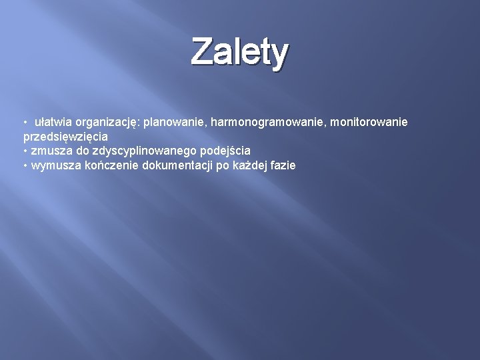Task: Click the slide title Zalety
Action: click(240, 53)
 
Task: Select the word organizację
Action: click(107, 123)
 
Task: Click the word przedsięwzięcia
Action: click(65, 137)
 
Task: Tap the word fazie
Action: click(283, 165)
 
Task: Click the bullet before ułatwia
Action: click(25, 123)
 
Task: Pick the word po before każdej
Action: click(224, 165)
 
